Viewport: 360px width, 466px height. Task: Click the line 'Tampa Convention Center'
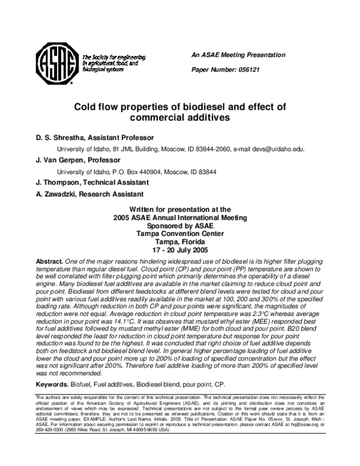tap(180, 234)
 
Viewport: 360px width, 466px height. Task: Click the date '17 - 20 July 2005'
tap(180, 249)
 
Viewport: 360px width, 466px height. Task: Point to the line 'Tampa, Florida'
tap(180, 241)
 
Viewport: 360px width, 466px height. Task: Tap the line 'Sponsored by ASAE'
tap(180, 226)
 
